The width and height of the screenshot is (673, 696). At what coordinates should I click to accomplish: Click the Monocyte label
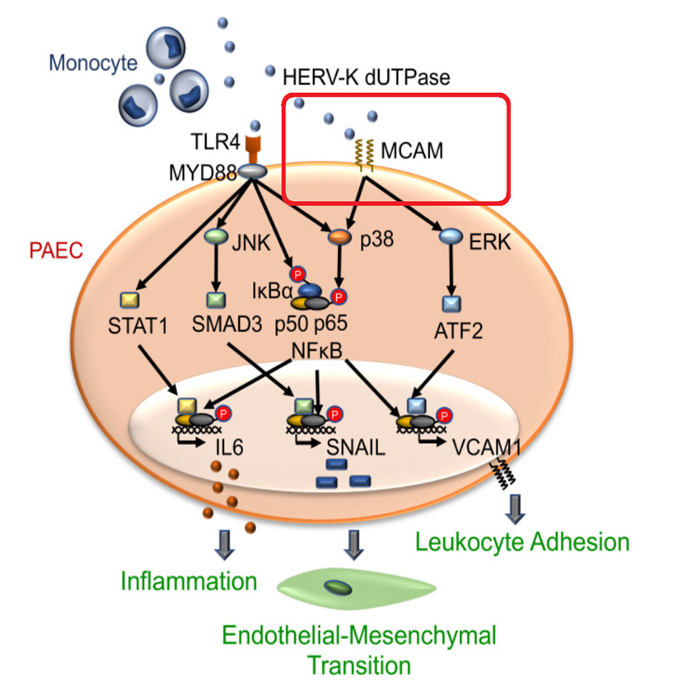coord(93,63)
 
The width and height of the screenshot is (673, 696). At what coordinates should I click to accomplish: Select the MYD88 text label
coord(203,173)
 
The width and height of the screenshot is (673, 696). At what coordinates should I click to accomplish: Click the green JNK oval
coord(216,236)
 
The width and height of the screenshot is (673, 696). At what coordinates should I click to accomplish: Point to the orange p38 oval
coord(339,236)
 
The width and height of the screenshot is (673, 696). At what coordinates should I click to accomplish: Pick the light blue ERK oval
coord(451,236)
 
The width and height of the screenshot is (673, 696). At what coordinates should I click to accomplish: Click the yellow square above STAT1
coord(129,300)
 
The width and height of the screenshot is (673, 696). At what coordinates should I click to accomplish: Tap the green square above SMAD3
coord(216,300)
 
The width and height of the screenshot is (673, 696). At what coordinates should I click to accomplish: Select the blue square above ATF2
coord(451,304)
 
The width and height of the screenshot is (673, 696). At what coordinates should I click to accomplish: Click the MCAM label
coord(412,151)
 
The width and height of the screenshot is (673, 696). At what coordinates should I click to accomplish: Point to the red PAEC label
coord(56,250)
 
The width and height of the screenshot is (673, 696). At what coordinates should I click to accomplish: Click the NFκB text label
coord(317,351)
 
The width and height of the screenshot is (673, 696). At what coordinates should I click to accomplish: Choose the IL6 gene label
coord(229,447)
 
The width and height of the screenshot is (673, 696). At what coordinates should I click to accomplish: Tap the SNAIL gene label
coord(356,447)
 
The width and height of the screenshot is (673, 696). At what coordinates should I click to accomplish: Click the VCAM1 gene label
coord(487,447)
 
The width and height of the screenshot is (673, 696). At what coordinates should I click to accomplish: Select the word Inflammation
coord(189,581)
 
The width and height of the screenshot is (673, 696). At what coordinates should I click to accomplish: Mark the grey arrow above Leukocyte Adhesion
coord(515,509)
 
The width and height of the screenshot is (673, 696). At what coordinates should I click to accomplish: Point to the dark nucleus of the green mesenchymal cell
coord(338,588)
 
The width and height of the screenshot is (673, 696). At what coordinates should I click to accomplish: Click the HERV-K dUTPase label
coord(367,77)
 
